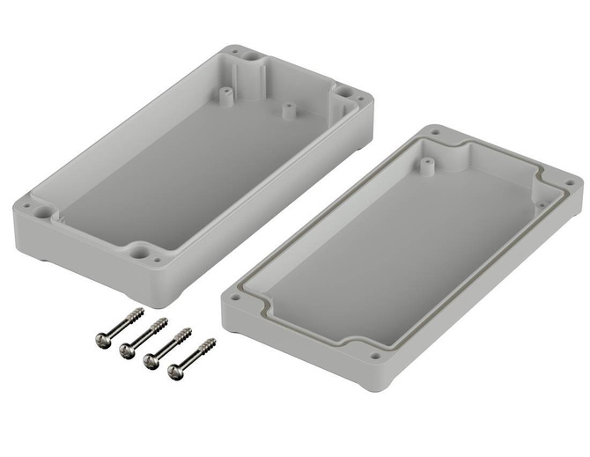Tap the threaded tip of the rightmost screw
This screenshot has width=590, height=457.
tap(209, 343)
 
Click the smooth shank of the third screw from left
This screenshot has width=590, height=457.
tap(166, 346)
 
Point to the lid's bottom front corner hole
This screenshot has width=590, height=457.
tap(375, 357)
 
